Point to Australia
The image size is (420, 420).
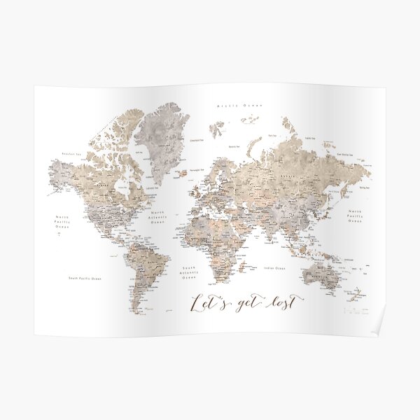322,274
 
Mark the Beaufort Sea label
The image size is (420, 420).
71,152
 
